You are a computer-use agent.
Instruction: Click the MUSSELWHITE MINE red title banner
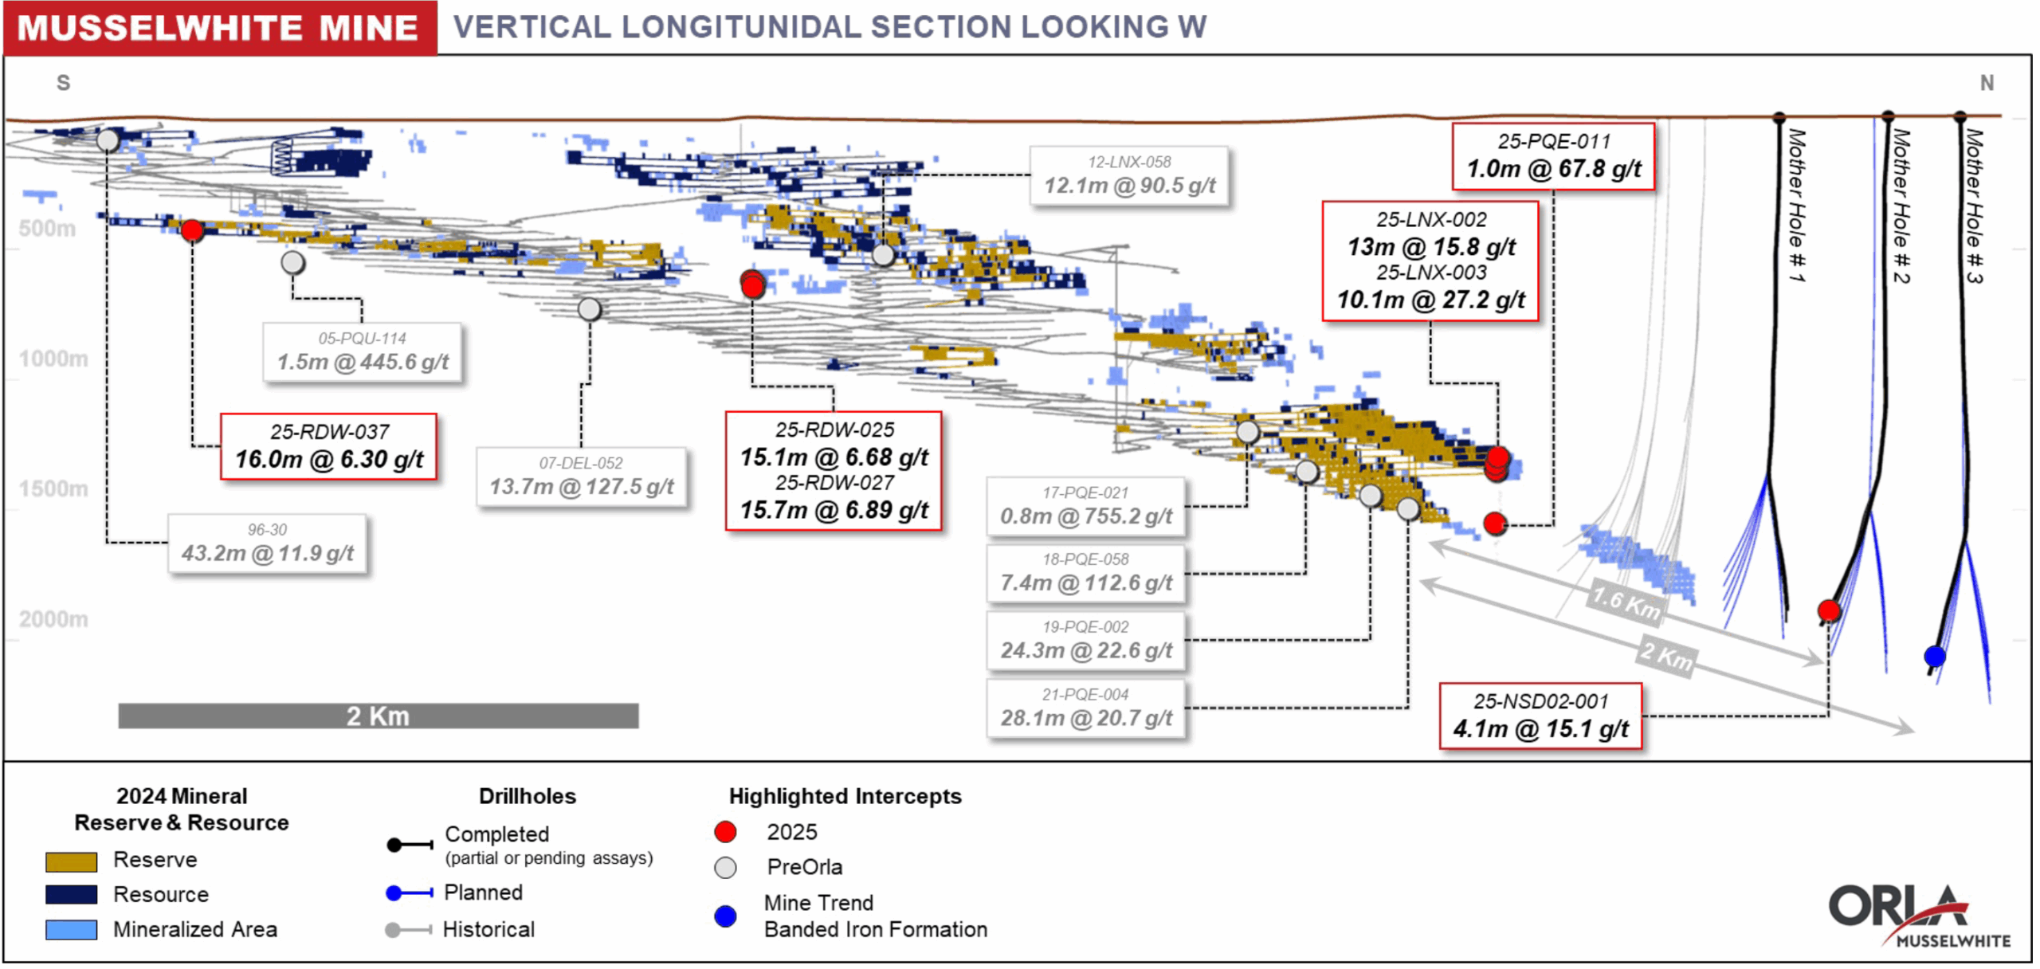[219, 28]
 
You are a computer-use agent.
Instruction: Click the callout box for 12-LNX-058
[1128, 175]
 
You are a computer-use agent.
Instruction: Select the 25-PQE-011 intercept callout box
[1552, 156]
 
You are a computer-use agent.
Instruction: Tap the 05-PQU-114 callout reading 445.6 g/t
[363, 352]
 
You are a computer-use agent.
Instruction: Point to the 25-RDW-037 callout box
[328, 447]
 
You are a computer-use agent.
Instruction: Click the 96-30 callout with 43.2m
[267, 543]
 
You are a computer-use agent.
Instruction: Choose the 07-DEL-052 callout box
[581, 477]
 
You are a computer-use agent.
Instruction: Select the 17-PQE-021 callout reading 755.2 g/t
[1085, 507]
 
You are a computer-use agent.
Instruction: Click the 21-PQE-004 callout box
[1085, 708]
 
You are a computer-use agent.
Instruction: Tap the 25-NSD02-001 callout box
[1540, 716]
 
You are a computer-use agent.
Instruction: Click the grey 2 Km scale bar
[378, 716]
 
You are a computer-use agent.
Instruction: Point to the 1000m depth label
[53, 359]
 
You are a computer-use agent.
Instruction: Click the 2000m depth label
[53, 619]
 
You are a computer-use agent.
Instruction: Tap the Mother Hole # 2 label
[1901, 206]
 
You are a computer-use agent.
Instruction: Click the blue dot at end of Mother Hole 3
[1934, 656]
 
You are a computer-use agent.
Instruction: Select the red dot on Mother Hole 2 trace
[1829, 610]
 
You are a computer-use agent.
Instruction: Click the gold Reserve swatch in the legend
[71, 861]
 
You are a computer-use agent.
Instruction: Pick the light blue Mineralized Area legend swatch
[71, 930]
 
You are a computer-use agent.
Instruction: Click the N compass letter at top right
[1987, 83]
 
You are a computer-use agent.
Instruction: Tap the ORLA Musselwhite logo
[1916, 916]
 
